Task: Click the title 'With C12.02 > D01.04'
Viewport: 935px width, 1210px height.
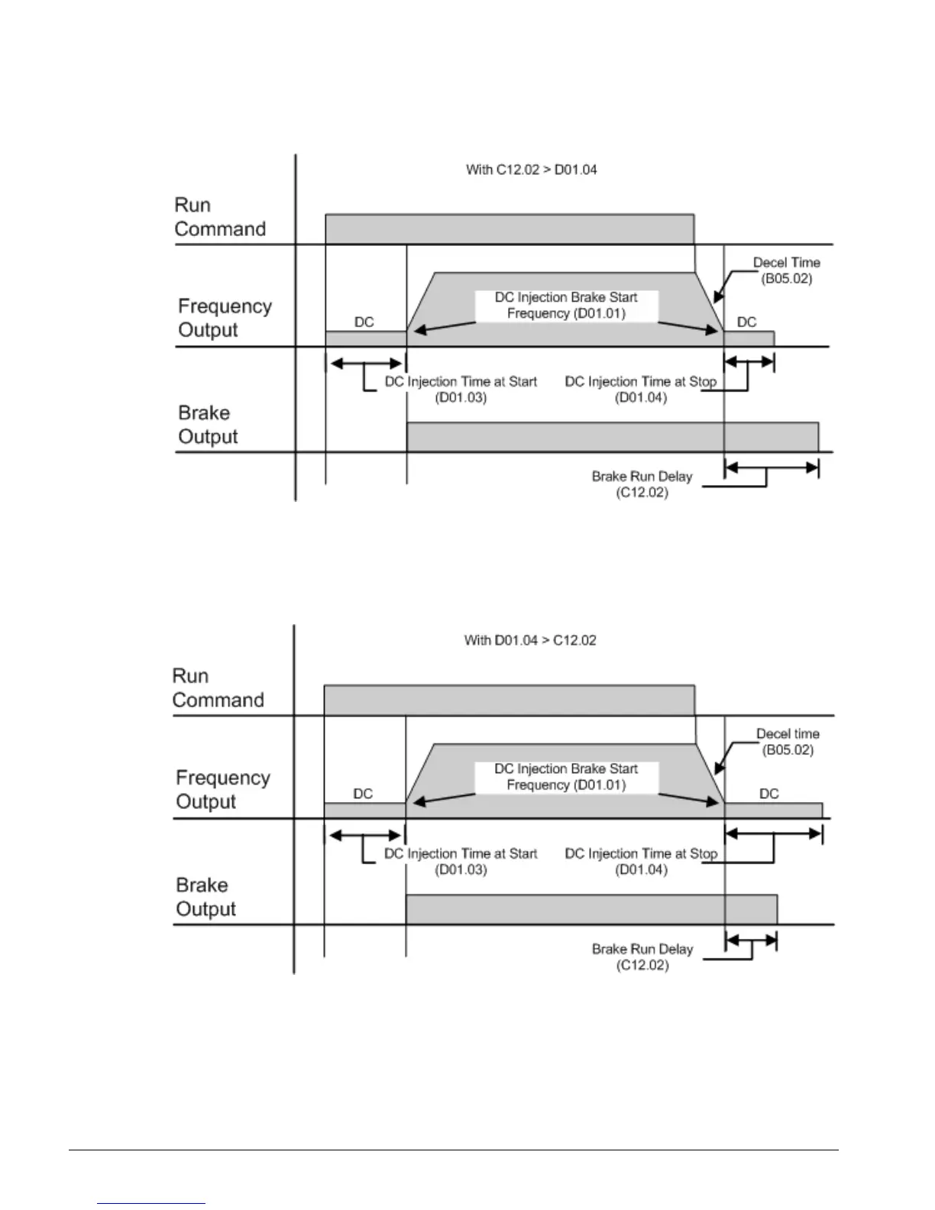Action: pyautogui.click(x=531, y=170)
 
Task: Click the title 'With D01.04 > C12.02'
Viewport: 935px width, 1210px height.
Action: pyautogui.click(x=530, y=640)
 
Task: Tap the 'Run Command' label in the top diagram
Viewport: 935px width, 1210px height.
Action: pyautogui.click(x=220, y=217)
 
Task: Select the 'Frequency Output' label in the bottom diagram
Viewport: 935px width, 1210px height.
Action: pyautogui.click(x=223, y=789)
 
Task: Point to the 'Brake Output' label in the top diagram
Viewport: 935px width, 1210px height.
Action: pyautogui.click(x=208, y=425)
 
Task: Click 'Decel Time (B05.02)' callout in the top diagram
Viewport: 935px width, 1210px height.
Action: pyautogui.click(x=786, y=270)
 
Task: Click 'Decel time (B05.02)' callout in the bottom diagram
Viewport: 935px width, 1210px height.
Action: pyautogui.click(x=788, y=742)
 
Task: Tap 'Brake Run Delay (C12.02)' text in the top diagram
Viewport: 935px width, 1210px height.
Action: pyautogui.click(x=642, y=484)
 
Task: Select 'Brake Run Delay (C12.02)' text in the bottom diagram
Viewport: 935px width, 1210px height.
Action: pyautogui.click(x=642, y=956)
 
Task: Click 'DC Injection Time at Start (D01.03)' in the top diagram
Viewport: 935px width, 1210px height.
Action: pyautogui.click(x=461, y=390)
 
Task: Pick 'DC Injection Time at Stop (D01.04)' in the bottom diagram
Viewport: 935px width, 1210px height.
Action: pyautogui.click(x=641, y=862)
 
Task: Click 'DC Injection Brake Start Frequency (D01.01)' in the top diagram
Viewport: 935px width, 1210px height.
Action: pyautogui.click(x=566, y=305)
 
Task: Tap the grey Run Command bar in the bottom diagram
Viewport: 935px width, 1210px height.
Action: pyautogui.click(x=510, y=700)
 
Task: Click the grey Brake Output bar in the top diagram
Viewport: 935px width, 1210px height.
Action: pyautogui.click(x=611, y=437)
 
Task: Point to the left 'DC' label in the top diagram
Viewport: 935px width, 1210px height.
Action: pyautogui.click(x=364, y=322)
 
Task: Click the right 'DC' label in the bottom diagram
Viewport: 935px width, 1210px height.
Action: pyautogui.click(x=769, y=794)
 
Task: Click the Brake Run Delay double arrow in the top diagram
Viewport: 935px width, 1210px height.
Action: pyautogui.click(x=771, y=467)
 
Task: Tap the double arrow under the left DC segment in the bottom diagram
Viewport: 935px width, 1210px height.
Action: pyautogui.click(x=365, y=836)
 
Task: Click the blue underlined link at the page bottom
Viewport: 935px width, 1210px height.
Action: pyautogui.click(x=151, y=1203)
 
